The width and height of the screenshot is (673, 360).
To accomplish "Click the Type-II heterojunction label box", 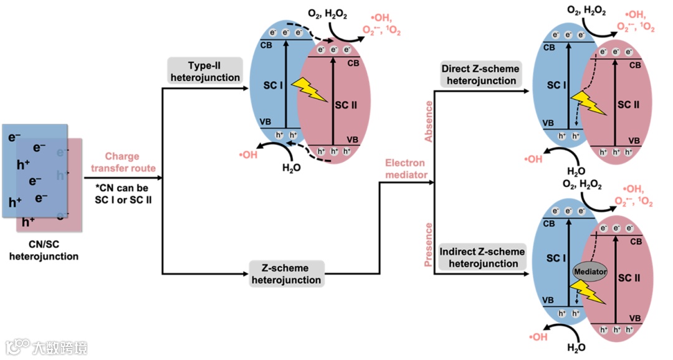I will pyautogui.click(x=204, y=71).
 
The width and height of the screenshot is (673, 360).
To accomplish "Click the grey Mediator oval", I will pyautogui.click(x=589, y=272).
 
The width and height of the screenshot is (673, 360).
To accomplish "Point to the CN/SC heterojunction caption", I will pyautogui.click(x=44, y=250).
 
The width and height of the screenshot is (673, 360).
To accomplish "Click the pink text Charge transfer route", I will pyautogui.click(x=122, y=162).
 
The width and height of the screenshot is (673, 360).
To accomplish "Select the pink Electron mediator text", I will pyautogui.click(x=406, y=169).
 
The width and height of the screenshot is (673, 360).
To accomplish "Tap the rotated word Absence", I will pyautogui.click(x=428, y=126).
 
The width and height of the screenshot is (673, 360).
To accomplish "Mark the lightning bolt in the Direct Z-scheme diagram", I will pyautogui.click(x=588, y=103).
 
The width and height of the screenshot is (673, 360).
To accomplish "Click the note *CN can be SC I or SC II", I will pyautogui.click(x=122, y=193).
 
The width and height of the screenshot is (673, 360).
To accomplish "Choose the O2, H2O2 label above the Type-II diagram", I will pyautogui.click(x=326, y=14).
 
